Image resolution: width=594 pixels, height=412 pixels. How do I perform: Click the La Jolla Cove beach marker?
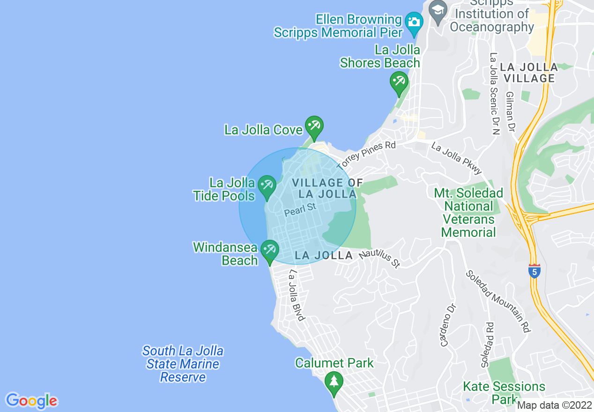314,126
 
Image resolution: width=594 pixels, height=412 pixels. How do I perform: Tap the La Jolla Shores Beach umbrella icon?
399,82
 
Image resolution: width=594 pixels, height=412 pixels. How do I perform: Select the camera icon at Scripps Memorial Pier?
414,22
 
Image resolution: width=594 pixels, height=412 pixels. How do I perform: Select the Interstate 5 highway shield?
534,271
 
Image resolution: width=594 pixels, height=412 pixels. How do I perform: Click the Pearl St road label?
300,209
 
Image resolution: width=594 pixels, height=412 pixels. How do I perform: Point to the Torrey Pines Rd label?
366,155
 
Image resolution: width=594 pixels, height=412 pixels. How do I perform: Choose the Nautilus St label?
380,259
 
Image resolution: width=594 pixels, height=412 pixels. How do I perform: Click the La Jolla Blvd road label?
297,295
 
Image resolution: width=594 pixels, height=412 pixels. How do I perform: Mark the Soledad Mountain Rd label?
497,302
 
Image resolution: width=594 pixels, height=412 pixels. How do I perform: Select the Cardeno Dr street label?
448,324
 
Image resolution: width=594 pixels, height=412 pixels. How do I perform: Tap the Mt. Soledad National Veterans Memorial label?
468,213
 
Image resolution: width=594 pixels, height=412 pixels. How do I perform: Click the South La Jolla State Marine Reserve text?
183,364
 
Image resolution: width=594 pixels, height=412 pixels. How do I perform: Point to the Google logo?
31,401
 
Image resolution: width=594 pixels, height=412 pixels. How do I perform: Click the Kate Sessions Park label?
504,392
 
